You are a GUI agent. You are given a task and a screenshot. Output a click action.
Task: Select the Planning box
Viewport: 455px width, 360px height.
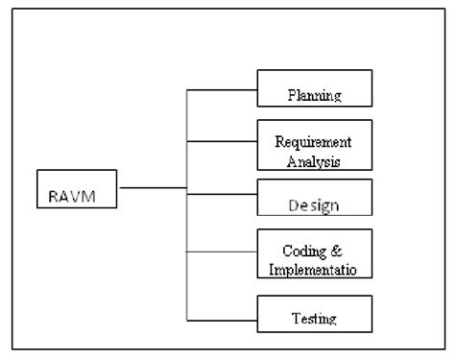coord(314,88)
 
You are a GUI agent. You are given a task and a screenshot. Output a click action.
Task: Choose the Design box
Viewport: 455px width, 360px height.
coord(314,197)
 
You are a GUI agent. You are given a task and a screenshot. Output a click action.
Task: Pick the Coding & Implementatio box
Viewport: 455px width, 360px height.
coord(314,252)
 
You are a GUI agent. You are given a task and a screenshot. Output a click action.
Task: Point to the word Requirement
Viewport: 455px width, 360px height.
coord(315,138)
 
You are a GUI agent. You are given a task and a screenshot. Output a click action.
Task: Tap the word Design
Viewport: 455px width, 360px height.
coord(315,205)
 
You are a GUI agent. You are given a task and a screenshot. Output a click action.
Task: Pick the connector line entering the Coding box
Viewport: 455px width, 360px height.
coord(221,252)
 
